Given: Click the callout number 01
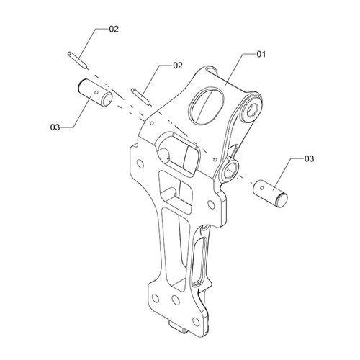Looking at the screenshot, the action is [x=261, y=54].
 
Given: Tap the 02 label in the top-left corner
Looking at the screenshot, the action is [x=114, y=29].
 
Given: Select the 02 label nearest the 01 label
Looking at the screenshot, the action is [x=178, y=66].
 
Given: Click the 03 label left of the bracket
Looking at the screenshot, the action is [x=55, y=127].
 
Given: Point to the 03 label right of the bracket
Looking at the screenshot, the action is [x=309, y=158].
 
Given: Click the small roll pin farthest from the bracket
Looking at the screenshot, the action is [x=77, y=60].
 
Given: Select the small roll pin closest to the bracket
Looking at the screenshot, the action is [x=141, y=96].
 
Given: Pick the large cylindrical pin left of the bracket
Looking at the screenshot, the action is [x=96, y=93].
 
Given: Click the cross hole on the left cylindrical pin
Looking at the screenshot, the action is [x=96, y=92].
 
